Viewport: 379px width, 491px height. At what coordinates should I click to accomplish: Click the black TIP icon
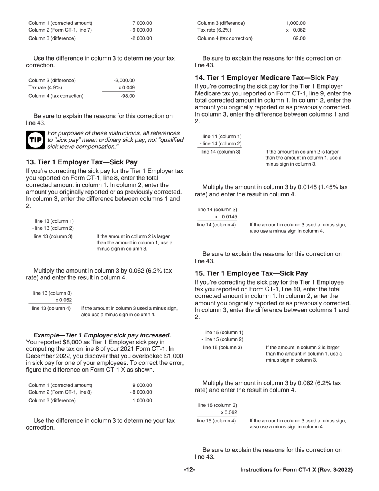click(x=36, y=140)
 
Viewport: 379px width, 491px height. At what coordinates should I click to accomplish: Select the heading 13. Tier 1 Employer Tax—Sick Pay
click(x=82, y=162)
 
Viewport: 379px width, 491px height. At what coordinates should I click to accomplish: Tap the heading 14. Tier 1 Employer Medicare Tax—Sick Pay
click(x=266, y=78)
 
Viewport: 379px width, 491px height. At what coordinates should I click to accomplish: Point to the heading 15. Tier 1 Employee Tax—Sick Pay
click(x=251, y=273)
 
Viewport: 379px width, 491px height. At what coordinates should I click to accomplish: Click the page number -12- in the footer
click(x=189, y=470)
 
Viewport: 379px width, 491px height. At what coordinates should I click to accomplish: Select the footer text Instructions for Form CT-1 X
click(x=296, y=470)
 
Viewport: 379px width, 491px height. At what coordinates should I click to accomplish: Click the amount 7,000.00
click(x=142, y=23)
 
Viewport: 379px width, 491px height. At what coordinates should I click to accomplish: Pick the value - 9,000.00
click(x=141, y=30)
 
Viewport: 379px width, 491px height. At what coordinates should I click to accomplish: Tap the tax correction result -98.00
click(x=128, y=96)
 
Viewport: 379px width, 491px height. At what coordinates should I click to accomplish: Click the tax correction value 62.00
click(x=299, y=38)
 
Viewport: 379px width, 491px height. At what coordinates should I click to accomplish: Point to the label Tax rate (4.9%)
click(x=45, y=87)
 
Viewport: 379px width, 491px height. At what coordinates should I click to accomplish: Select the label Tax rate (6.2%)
click(x=214, y=30)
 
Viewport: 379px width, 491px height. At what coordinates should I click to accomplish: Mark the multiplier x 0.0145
click(x=226, y=217)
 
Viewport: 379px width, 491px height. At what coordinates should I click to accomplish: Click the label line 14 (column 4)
click(x=217, y=225)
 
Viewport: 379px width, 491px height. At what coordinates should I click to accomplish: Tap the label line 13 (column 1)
click(x=54, y=221)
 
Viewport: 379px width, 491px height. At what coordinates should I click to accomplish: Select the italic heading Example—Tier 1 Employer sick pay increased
click(x=102, y=335)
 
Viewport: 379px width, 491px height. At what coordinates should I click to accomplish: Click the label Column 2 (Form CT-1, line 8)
click(x=60, y=392)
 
